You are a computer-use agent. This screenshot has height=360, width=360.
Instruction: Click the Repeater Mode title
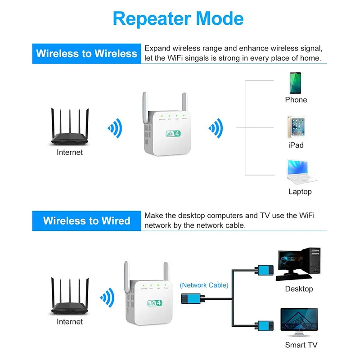[178, 19]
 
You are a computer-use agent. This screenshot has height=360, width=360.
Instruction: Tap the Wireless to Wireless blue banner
[86, 54]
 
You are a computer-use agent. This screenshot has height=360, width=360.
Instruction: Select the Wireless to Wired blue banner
[86, 221]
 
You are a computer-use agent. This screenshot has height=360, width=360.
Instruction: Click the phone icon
[295, 83]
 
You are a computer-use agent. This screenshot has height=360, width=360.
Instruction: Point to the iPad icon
[295, 127]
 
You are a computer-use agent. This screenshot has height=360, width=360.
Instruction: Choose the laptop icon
[299, 172]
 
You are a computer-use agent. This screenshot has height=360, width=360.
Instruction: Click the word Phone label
[296, 100]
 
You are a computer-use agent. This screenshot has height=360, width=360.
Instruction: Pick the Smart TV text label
[301, 345]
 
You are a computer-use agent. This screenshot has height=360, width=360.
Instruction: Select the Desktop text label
[299, 289]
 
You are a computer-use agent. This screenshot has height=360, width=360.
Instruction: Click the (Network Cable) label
[204, 285]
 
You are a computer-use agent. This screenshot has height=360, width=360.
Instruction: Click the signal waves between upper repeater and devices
[216, 129]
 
